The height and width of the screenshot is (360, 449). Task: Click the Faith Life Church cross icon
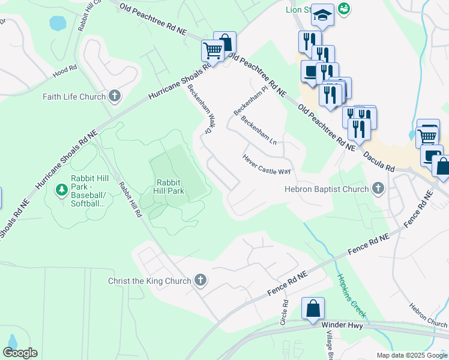tap(114, 96)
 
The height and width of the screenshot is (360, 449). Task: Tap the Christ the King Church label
tap(149, 281)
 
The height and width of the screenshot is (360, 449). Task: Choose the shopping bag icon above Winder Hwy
tap(313, 310)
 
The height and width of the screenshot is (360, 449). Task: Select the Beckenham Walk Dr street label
tap(200, 108)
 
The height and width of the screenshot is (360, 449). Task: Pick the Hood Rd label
tap(64, 70)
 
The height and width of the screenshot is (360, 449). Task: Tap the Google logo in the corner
tap(20, 353)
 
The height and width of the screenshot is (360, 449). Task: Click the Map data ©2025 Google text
tap(412, 355)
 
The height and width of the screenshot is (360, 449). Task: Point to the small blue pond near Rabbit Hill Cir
tap(58, 23)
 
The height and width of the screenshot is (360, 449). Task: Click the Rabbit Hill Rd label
tap(130, 199)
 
